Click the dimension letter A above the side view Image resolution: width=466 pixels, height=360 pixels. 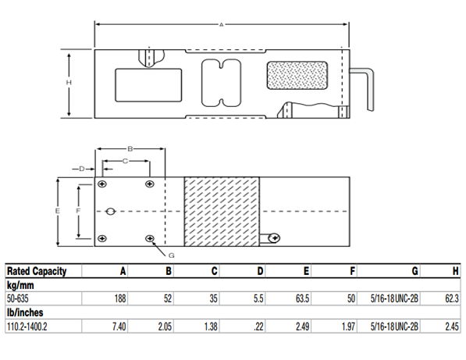(x=221, y=25)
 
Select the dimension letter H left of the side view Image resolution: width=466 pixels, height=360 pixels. (x=69, y=83)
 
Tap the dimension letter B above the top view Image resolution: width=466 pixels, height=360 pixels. (x=130, y=148)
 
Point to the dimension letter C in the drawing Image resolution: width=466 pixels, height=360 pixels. (x=125, y=161)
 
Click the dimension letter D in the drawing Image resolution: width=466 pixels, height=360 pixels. (x=81, y=168)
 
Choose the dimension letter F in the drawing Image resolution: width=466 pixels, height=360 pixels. (x=78, y=212)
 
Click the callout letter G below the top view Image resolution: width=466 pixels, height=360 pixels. (x=171, y=255)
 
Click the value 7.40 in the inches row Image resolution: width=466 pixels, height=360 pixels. (x=119, y=326)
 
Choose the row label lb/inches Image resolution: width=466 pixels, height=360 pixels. (x=23, y=312)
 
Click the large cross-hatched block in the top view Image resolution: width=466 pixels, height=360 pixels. (x=222, y=212)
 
